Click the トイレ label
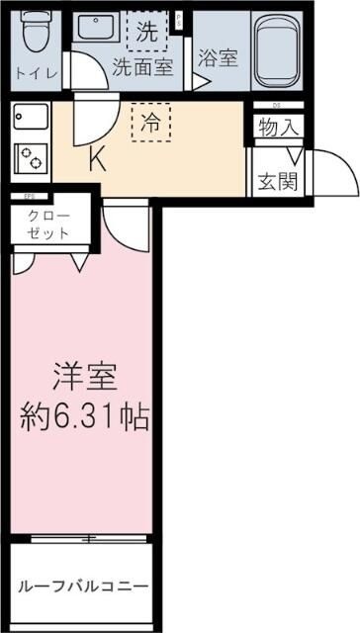[x=34, y=72]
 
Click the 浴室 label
[x=217, y=57]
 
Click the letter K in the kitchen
[x=97, y=158]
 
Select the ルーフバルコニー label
[x=83, y=588]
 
